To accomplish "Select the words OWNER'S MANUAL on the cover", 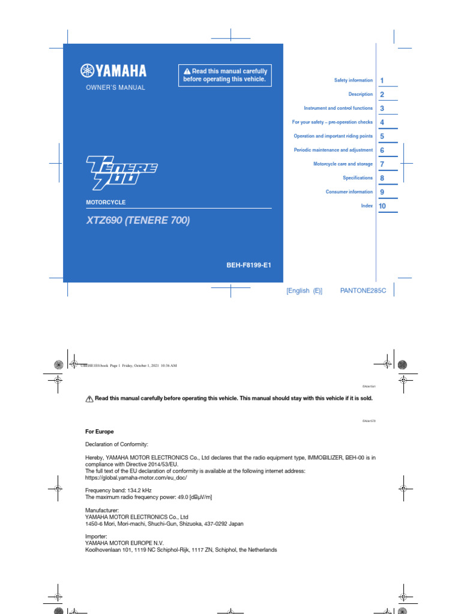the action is point(116,88).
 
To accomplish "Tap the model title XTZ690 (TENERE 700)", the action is point(138,221).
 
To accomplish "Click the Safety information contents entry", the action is point(353,80).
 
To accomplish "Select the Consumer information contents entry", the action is point(349,192).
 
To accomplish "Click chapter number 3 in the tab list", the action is point(382,109).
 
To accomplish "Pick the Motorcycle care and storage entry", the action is point(343,164).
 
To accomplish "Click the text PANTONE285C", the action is point(363,291).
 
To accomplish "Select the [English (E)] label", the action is point(304,291).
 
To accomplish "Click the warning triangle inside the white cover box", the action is point(187,72).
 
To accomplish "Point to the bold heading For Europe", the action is point(100,432).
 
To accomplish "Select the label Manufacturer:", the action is point(103,510).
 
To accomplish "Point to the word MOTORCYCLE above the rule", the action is point(106,203).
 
